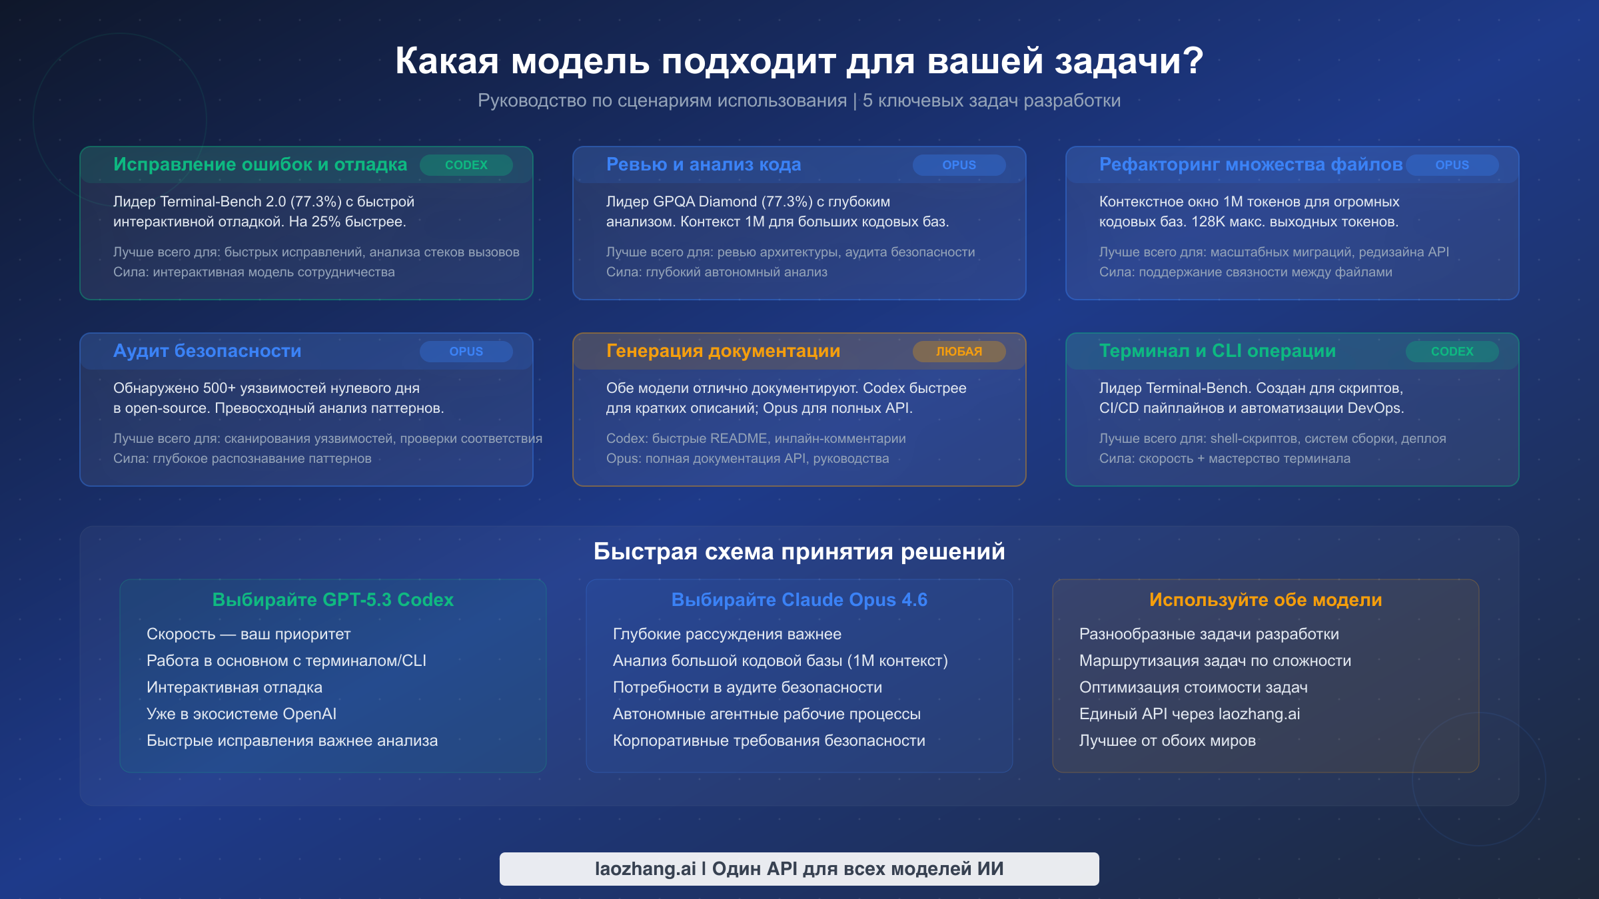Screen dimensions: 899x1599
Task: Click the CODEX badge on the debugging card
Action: (x=466, y=165)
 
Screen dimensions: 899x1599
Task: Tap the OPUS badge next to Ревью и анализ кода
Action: (x=959, y=165)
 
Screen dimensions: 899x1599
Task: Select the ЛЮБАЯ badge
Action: (x=959, y=352)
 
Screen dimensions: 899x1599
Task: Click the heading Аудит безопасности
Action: (x=207, y=351)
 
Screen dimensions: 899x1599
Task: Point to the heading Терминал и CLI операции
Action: (x=1217, y=351)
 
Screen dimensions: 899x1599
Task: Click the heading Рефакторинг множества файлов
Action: (x=1251, y=164)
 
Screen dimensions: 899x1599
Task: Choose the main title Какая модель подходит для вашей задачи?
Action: (x=799, y=61)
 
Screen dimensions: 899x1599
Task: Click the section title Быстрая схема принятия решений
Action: (x=799, y=551)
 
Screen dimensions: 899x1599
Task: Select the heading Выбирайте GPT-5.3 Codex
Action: (x=332, y=600)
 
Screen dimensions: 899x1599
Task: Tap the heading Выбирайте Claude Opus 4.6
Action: (x=799, y=600)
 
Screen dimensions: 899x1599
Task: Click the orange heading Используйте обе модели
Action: (x=1265, y=600)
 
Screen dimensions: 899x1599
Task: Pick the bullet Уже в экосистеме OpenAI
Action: (x=241, y=714)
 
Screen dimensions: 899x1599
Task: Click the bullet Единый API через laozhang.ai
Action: (x=1189, y=714)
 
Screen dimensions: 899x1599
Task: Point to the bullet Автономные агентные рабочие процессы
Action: (x=766, y=714)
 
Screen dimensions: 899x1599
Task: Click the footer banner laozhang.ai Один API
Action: (x=799, y=869)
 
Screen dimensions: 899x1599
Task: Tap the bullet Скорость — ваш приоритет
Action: (x=249, y=634)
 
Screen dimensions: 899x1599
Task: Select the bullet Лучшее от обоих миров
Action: (x=1167, y=741)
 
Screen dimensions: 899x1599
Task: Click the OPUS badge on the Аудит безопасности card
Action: (x=466, y=352)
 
